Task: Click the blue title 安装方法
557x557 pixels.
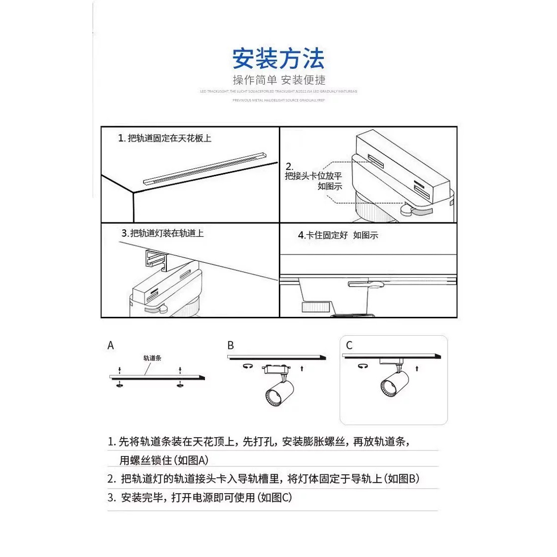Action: click(x=278, y=59)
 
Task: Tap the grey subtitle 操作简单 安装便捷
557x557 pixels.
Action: click(x=279, y=80)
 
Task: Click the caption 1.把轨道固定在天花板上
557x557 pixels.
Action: click(x=164, y=138)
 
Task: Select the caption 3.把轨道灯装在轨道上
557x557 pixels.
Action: click(x=162, y=233)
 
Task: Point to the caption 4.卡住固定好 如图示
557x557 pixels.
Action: click(x=338, y=235)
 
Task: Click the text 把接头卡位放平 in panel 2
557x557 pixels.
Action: click(x=313, y=176)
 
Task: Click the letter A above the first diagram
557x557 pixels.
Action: click(x=111, y=346)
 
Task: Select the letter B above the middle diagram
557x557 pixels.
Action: click(x=231, y=346)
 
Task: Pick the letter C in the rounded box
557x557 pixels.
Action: click(x=350, y=346)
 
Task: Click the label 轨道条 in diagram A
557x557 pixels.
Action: click(x=152, y=358)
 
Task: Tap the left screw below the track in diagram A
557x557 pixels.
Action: click(x=119, y=385)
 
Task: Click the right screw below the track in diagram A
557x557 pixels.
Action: click(x=180, y=385)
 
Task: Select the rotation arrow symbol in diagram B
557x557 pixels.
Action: click(x=248, y=366)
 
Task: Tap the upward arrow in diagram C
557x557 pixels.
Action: click(x=417, y=368)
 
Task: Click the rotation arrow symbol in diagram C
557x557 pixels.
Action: click(x=363, y=366)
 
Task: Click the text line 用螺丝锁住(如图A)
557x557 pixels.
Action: click(x=164, y=460)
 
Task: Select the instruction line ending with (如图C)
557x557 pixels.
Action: click(x=200, y=498)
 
